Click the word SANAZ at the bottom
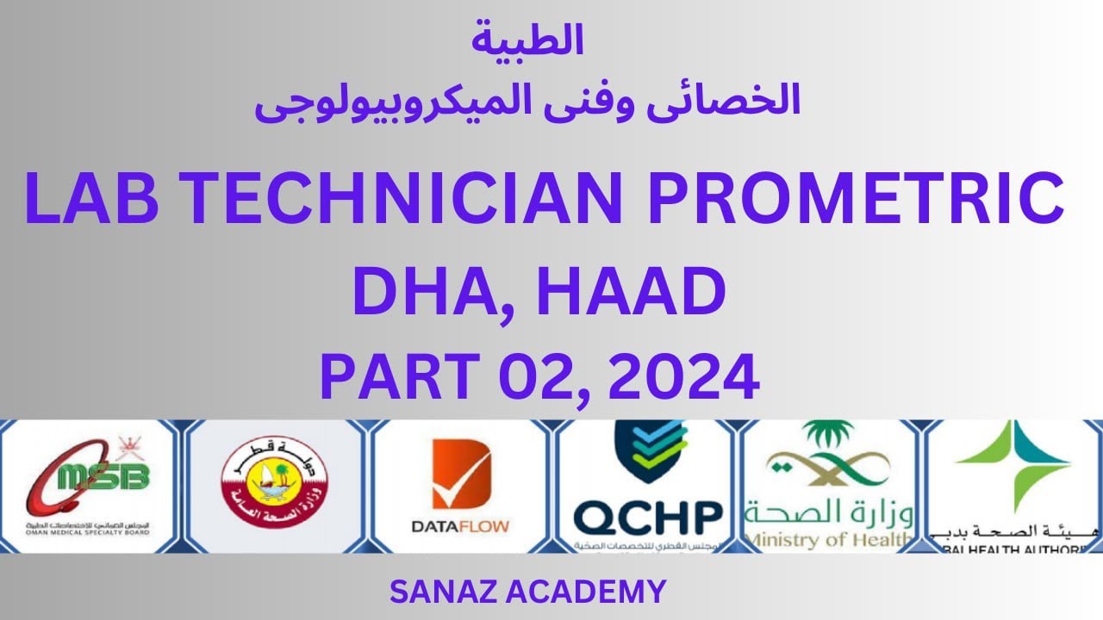439,592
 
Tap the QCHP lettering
648,518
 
